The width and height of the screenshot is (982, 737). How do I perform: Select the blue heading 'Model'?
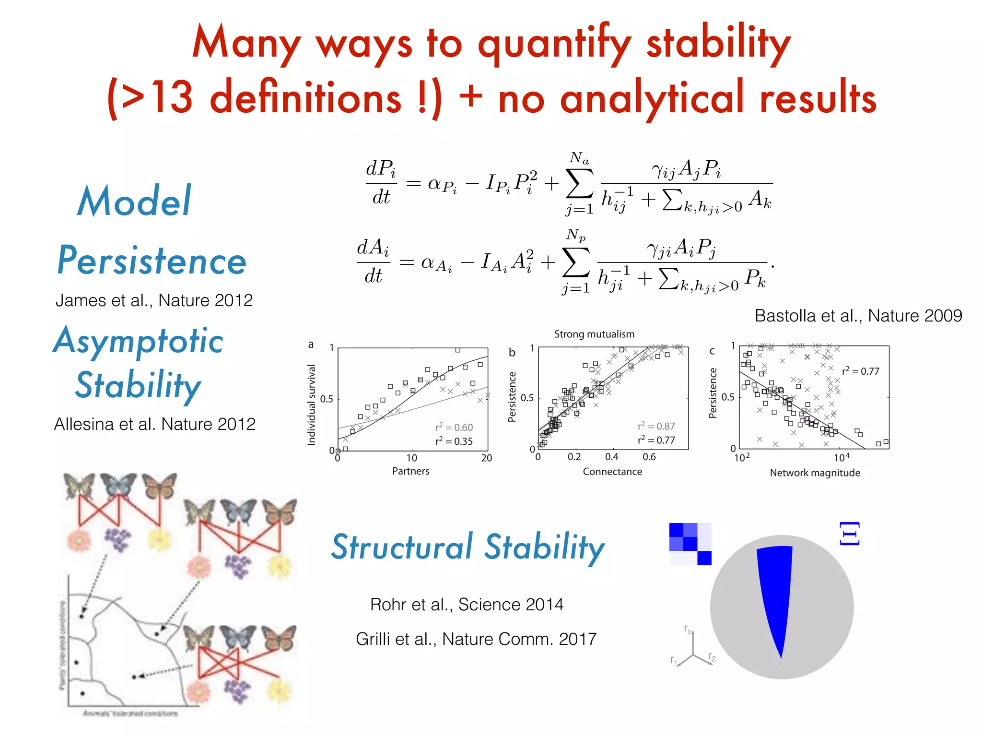[134, 202]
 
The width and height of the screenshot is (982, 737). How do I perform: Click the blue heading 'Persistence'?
[152, 261]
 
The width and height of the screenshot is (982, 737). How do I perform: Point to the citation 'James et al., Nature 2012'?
[154, 300]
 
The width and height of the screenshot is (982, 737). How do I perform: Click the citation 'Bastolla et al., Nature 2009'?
[858, 316]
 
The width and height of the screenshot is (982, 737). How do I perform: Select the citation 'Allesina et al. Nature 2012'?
[154, 424]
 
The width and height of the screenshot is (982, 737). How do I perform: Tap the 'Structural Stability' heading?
[468, 547]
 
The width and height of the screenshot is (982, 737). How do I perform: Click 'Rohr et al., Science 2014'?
[467, 605]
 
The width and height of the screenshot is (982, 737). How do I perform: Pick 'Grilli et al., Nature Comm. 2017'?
[476, 639]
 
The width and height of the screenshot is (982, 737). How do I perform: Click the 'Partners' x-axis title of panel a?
[410, 471]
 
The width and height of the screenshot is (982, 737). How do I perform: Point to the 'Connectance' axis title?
[612, 472]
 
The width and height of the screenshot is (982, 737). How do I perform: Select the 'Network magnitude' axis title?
[815, 473]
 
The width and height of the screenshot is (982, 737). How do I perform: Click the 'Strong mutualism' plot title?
[594, 334]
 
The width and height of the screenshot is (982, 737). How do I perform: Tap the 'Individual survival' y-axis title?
[312, 404]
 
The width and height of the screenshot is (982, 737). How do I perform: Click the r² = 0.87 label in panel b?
[656, 426]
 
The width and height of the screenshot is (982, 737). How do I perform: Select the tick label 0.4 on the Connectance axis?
[611, 457]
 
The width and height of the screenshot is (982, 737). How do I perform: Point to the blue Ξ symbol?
[849, 534]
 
